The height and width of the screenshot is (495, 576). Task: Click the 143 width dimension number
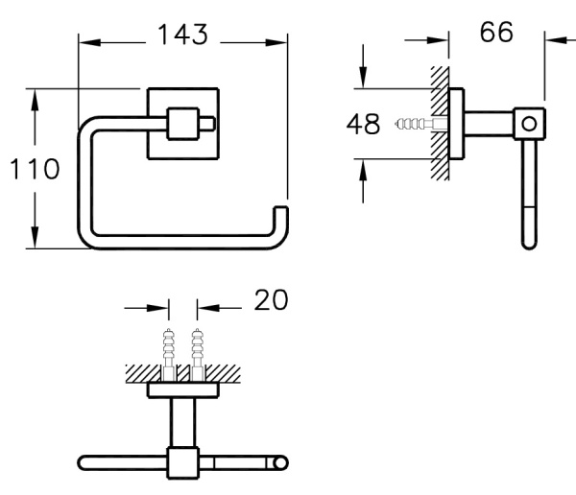pos(182,35)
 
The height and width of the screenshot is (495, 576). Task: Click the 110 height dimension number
pos(35,169)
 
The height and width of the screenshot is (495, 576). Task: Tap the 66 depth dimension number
pos(496,32)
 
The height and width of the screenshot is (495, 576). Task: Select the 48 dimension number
pos(363,124)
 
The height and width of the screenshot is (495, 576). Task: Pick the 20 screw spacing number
pos(271,300)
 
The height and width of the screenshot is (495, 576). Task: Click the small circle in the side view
pos(529,124)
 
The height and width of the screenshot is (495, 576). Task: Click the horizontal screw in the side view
pos(421,124)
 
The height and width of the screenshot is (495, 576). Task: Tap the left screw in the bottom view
pos(169,355)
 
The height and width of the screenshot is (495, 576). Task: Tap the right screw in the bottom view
pos(197,355)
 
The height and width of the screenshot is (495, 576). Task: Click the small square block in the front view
pos(183,124)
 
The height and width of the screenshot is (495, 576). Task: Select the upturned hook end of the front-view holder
pos(281,221)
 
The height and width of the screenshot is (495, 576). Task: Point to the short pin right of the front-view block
pos(207,124)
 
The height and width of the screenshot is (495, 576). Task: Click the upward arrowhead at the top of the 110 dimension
pos(35,100)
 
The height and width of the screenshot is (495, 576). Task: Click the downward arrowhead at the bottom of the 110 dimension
pos(35,238)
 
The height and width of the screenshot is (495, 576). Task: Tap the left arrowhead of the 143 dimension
pos(89,42)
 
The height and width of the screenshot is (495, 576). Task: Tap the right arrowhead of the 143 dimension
pos(276,42)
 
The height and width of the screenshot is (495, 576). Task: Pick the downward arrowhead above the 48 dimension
pos(363,78)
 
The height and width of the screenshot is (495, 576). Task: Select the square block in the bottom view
pos(183,462)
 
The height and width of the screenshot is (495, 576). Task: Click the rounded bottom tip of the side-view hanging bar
pos(529,245)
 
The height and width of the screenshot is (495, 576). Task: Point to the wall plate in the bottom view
pos(183,390)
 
